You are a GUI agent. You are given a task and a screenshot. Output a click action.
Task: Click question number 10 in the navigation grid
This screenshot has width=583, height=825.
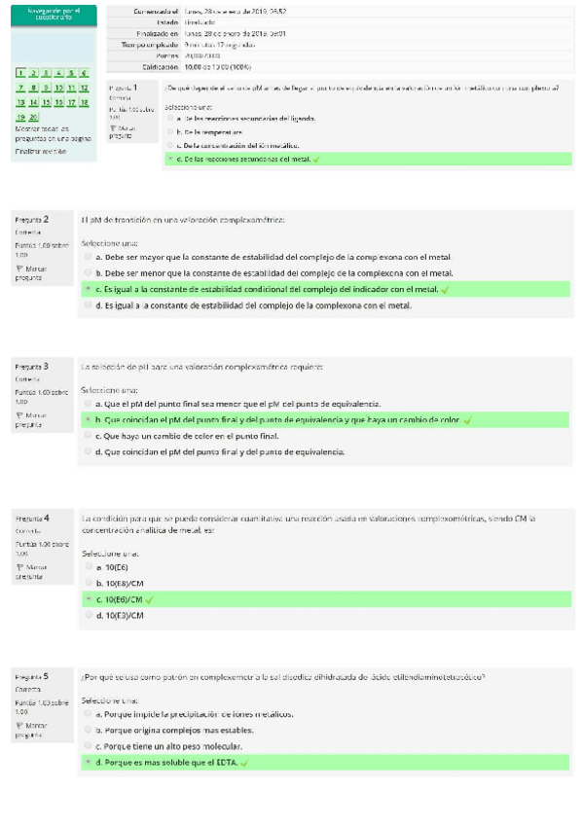58,88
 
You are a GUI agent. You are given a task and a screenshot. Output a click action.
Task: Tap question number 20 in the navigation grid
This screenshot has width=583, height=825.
34,116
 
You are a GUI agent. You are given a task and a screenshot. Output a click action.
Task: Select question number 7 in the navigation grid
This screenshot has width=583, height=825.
20,88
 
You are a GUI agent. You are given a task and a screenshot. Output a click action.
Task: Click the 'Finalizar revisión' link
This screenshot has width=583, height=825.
41,151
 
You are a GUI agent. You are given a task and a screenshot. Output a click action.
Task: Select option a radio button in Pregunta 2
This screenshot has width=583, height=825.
89,257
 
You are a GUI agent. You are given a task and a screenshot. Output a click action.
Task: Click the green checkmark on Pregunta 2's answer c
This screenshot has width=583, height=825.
445,289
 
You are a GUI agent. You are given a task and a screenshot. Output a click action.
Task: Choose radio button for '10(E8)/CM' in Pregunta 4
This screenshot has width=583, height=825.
89,582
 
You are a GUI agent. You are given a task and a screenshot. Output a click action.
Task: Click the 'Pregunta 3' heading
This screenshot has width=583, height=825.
32,366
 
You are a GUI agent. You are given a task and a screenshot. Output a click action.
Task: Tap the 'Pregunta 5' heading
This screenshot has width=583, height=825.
32,674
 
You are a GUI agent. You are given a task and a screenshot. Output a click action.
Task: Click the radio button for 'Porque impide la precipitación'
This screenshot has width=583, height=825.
89,713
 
